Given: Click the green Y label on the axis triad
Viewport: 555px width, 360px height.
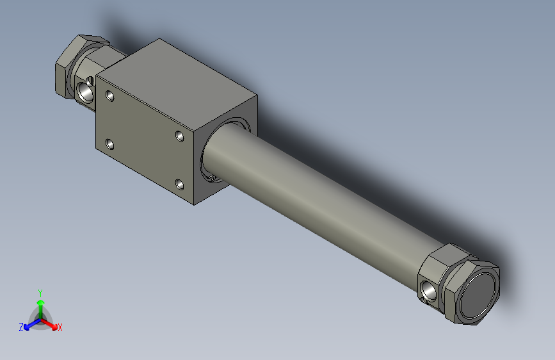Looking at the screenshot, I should coord(40,292).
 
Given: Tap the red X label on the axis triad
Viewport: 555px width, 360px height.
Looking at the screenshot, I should coord(60,328).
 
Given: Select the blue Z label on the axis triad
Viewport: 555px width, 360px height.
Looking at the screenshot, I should coord(21,327).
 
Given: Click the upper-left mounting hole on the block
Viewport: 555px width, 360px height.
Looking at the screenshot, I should coord(110,97).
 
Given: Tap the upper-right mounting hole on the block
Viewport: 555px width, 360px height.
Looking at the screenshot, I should coord(180,136).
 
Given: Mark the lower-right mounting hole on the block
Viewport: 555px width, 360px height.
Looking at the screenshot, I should coord(180,185).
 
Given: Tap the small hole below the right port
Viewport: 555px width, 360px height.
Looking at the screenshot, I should coord(424,300).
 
